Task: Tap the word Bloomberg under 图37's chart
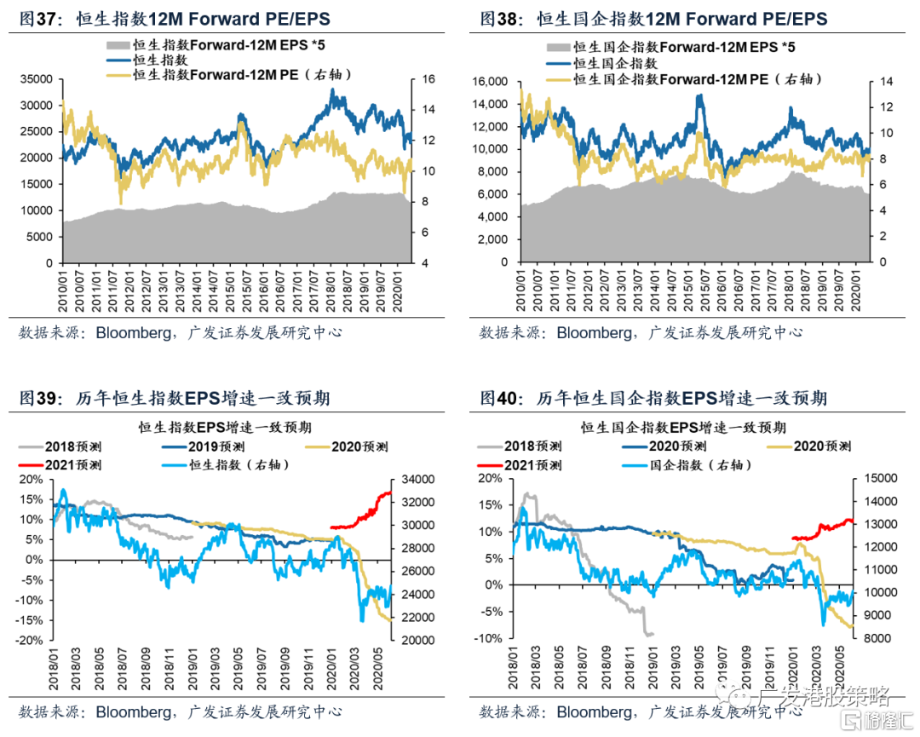click(x=132, y=333)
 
